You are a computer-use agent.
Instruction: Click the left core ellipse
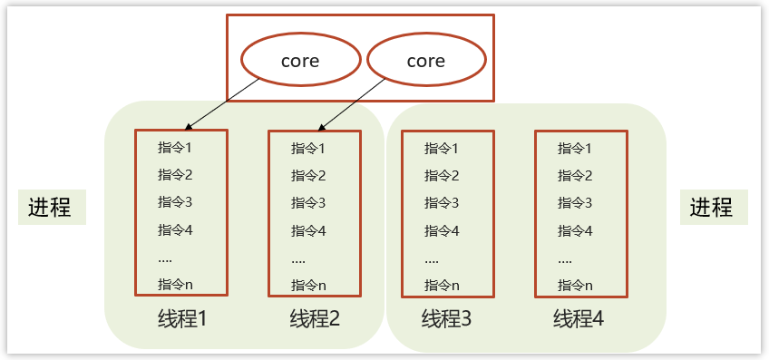300,61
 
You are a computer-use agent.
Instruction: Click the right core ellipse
425,61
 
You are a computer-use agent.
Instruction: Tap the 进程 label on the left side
51,208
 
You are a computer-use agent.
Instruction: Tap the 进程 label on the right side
712,208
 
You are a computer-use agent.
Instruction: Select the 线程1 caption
183,319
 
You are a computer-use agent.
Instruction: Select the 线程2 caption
315,319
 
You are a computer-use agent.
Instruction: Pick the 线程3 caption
447,319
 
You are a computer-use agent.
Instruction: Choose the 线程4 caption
579,319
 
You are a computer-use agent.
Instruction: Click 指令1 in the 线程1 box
175,147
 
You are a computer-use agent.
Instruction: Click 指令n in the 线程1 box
175,284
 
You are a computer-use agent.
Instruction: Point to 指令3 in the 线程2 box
308,203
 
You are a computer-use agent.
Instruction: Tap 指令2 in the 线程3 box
442,175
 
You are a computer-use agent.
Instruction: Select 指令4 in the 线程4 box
575,230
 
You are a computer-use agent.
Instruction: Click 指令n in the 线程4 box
575,285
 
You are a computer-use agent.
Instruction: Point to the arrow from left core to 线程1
222,102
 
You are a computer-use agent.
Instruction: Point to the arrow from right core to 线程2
354,102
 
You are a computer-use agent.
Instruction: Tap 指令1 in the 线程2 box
308,148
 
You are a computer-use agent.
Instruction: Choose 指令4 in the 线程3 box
442,230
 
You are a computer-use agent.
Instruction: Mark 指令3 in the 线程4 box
575,202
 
